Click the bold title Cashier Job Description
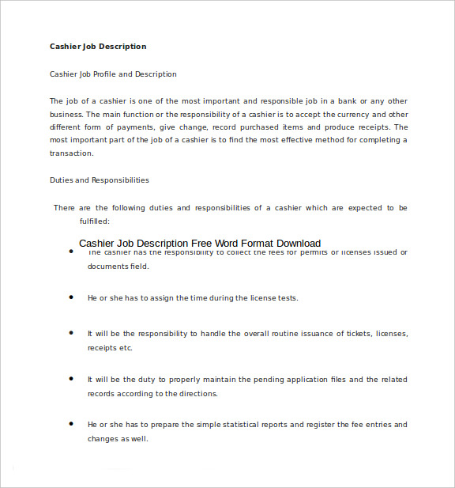click(x=98, y=47)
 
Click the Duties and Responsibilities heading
click(x=100, y=180)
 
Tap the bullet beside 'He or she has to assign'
click(x=70, y=297)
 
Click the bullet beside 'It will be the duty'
click(x=70, y=379)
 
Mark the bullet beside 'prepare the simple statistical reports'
click(x=70, y=424)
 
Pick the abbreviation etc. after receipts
click(x=126, y=348)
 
